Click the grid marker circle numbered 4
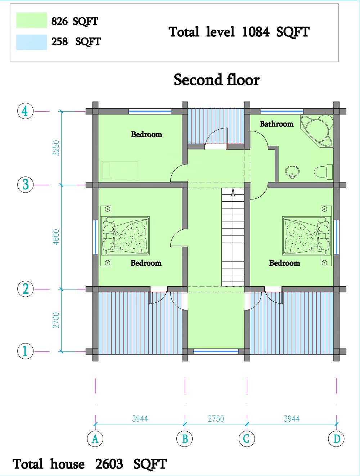pos(25,111)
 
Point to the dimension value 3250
pos(56,148)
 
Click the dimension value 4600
pos(56,237)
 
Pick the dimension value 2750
pos(216,419)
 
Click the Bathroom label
pos(276,124)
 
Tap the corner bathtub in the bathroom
pos(317,131)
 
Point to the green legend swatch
pos(32,20)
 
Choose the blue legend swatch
pos(32,42)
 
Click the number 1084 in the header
pos(256,32)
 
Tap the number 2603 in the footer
pos(109,464)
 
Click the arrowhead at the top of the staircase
pos(233,192)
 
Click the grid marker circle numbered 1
pos(25,351)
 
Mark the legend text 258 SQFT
pos(76,41)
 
